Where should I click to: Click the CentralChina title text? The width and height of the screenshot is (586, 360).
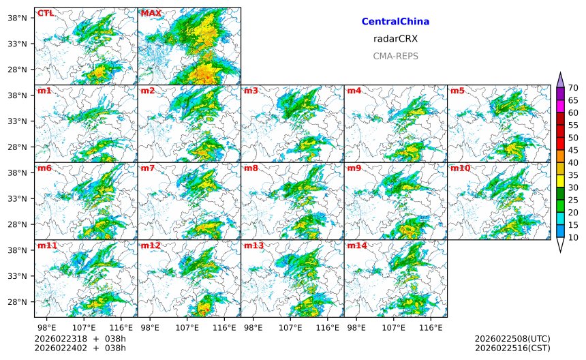[395, 22]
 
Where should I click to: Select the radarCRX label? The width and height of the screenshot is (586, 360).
[395, 39]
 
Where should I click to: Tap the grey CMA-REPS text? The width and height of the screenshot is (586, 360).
[395, 56]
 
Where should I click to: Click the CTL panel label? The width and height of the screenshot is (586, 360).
[46, 13]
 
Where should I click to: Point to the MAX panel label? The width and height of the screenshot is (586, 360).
[151, 13]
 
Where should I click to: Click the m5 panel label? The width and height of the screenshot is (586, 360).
[457, 91]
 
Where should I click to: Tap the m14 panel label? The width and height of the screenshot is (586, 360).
[356, 245]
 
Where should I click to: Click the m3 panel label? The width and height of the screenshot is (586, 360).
[251, 91]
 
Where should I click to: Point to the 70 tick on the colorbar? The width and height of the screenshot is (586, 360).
[573, 88]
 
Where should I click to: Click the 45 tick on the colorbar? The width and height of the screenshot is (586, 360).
[573, 150]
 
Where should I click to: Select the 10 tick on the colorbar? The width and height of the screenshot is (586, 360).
[573, 237]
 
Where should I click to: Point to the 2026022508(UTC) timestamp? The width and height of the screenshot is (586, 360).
[512, 339]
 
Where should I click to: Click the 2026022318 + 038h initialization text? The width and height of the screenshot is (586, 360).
[80, 339]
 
